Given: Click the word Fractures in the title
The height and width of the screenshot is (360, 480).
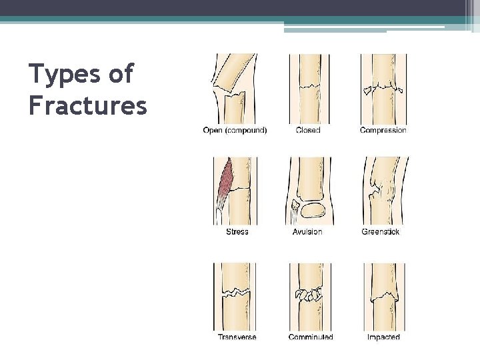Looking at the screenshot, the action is (x=88, y=105).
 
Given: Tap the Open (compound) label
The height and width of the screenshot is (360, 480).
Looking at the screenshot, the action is (x=235, y=131).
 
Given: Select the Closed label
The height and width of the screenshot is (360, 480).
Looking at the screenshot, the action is (x=308, y=131).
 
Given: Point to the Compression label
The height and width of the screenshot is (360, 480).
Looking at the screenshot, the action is (x=383, y=131).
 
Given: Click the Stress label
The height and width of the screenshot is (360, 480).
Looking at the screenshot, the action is (x=237, y=232).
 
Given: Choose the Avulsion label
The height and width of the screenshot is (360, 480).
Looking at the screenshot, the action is (x=307, y=232).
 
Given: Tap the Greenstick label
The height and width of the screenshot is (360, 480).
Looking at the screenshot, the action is (x=380, y=232).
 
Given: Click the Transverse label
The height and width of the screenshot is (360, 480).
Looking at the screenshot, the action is (x=237, y=337).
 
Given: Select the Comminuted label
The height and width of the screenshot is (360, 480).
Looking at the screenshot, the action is (x=311, y=337).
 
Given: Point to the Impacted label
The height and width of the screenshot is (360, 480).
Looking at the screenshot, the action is (x=383, y=337).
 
